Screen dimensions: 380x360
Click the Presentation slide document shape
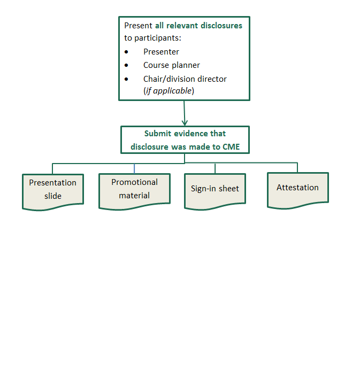click(53, 190)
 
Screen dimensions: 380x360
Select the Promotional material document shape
click(134, 189)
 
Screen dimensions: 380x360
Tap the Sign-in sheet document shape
click(215, 189)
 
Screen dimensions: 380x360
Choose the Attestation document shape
click(297, 188)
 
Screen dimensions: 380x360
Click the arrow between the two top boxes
click(185, 113)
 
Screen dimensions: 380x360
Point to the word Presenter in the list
click(161, 52)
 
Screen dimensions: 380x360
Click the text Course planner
click(171, 65)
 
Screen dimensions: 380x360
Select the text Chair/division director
click(185, 79)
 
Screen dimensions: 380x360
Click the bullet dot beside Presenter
click(126, 52)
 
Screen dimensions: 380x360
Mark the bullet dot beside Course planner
click(126, 65)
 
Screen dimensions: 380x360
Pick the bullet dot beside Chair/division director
click(126, 79)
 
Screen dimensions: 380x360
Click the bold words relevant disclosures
click(204, 25)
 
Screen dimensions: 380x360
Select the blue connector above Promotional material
click(134, 168)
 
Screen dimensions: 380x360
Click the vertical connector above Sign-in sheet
click(215, 168)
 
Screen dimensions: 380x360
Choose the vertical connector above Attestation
click(297, 167)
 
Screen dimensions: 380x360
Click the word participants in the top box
click(158, 38)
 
